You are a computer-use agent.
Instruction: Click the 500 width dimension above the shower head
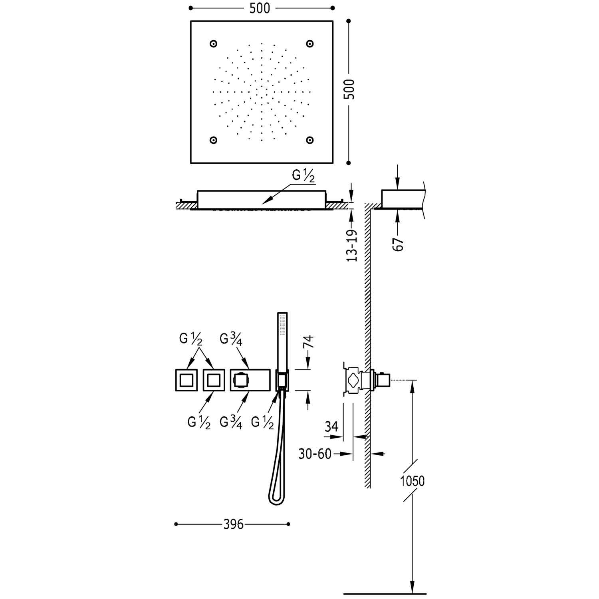tap(260, 8)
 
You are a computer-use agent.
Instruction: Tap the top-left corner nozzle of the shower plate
tap(213, 44)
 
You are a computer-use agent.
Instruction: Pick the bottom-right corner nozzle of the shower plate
tap(309, 140)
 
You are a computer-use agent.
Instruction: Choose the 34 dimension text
tap(331, 426)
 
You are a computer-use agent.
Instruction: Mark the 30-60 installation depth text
tap(315, 454)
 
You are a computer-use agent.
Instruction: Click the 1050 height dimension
tap(412, 481)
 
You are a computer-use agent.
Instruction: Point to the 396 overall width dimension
tap(233, 524)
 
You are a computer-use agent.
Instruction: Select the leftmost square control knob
tap(186, 380)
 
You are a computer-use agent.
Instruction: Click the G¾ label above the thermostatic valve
tap(231, 339)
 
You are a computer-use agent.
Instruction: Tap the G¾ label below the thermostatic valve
tap(231, 422)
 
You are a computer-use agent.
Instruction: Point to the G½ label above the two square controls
tap(190, 339)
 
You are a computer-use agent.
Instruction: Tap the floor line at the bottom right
tap(385, 594)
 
